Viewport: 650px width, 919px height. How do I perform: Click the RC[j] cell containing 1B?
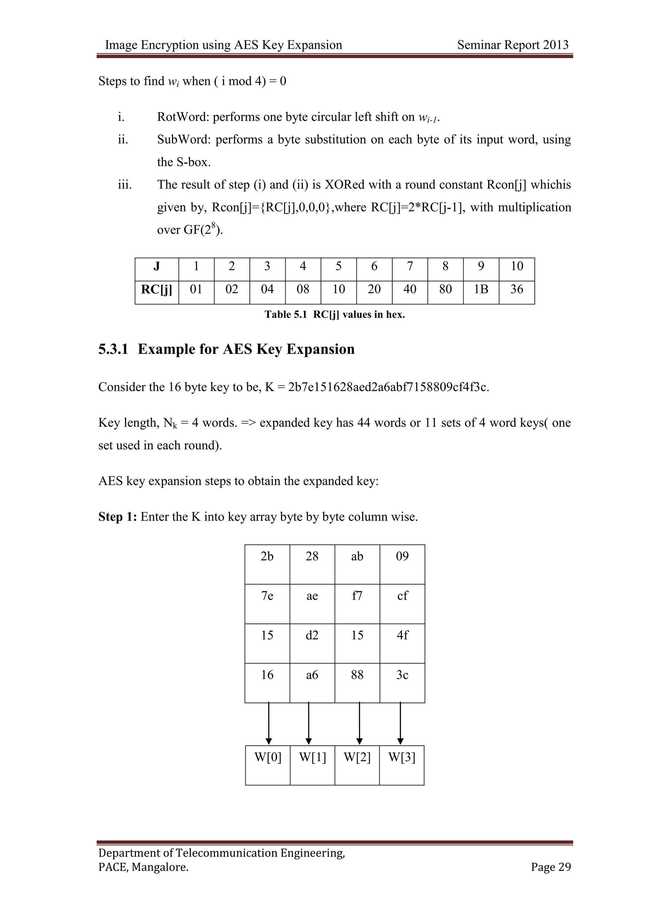(481, 289)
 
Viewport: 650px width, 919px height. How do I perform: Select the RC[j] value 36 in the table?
(516, 289)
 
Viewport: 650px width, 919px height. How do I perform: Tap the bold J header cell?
(156, 266)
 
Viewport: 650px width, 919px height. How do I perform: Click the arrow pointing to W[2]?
(359, 723)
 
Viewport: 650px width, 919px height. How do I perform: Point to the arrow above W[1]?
(308, 723)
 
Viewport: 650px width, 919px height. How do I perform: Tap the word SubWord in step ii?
(184, 139)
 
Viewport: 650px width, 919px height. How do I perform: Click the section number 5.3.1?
(113, 349)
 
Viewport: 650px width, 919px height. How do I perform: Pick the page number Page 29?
(550, 867)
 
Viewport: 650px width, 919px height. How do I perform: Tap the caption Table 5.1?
(285, 314)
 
